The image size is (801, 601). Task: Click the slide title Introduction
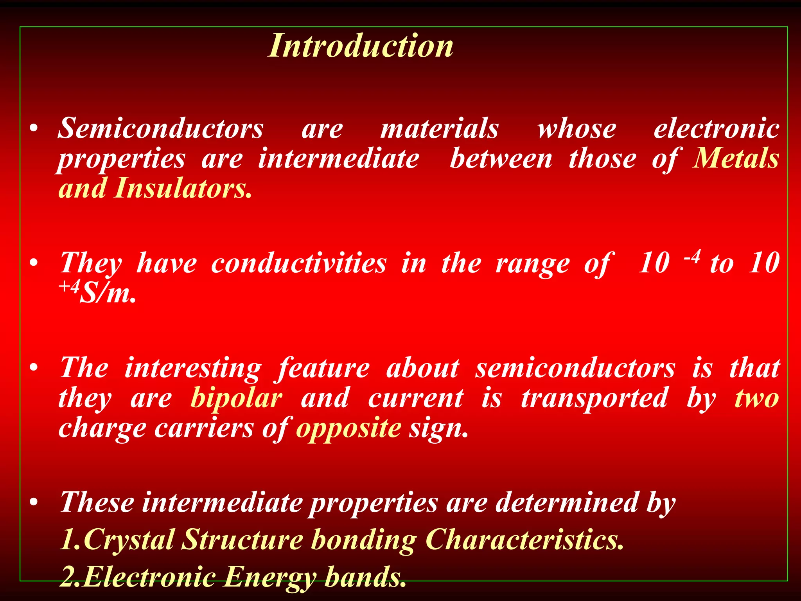click(x=360, y=46)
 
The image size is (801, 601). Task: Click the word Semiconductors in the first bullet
click(x=161, y=128)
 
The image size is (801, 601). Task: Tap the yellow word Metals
click(x=735, y=158)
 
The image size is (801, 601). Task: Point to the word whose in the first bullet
click(x=577, y=128)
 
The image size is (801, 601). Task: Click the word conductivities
click(x=299, y=263)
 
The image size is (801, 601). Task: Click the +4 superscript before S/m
click(x=69, y=288)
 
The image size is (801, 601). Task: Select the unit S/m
click(x=108, y=294)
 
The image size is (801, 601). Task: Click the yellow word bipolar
click(x=236, y=398)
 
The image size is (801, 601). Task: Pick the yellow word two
click(x=757, y=398)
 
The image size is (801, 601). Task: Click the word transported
click(x=594, y=398)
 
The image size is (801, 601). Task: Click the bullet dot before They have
click(x=34, y=263)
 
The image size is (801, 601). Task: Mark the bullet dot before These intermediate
click(x=34, y=502)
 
